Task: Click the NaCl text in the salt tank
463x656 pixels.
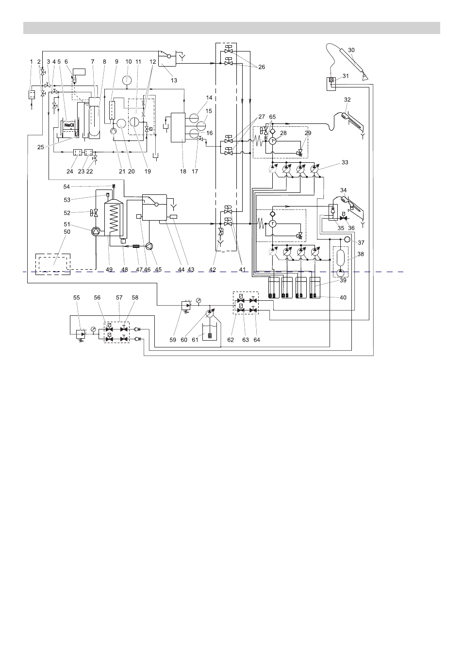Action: tap(69, 125)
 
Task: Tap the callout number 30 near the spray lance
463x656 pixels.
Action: tap(351, 50)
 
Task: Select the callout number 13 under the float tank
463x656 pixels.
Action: tap(174, 80)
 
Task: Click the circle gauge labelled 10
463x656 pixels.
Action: tap(127, 80)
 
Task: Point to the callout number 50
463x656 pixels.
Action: tap(67, 232)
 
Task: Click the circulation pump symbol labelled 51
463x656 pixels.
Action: tap(96, 231)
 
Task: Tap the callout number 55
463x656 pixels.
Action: tap(76, 297)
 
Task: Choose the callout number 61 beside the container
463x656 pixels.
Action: tap(195, 340)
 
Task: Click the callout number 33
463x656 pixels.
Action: tap(345, 162)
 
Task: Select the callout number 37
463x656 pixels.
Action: tap(361, 242)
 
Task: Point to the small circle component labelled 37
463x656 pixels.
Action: tap(347, 240)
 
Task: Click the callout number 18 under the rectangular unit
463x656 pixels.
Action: tap(183, 172)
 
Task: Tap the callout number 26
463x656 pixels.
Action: tap(262, 67)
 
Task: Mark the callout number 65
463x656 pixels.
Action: tap(272, 117)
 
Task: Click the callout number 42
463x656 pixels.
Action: tap(213, 270)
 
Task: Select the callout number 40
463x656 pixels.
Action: tap(343, 297)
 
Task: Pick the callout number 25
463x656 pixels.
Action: tap(41, 147)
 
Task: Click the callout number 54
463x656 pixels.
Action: tap(66, 187)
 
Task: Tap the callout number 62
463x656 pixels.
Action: tap(231, 340)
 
